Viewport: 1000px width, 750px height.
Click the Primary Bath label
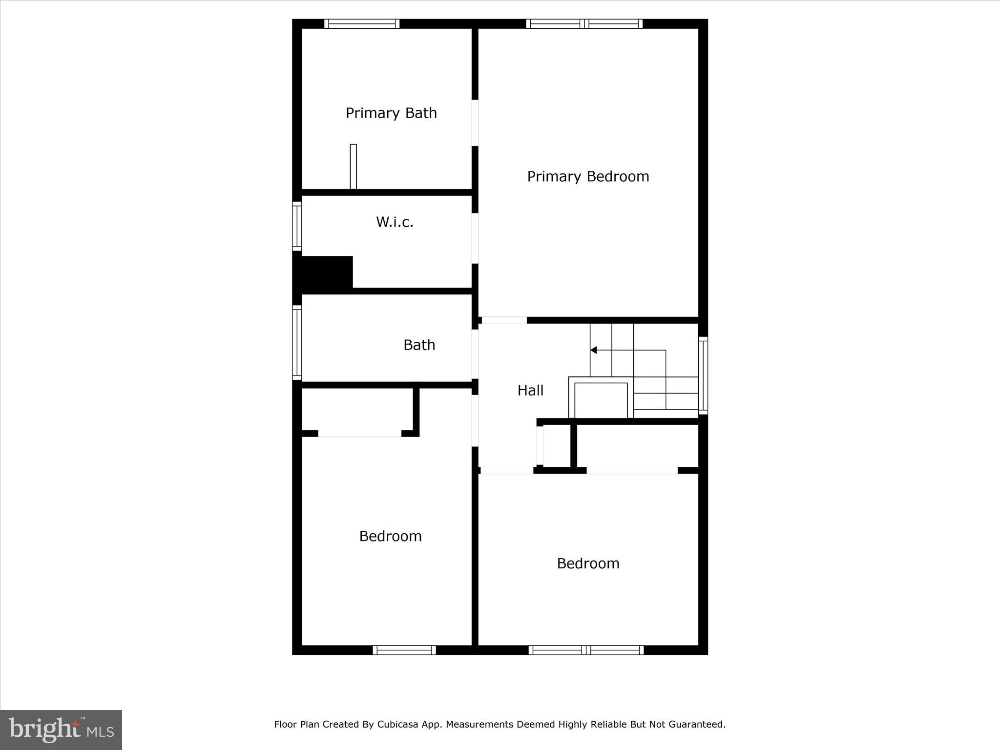391,113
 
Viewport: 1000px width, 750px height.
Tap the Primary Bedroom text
588,177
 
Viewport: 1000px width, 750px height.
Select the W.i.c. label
395,223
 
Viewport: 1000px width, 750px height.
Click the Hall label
530,391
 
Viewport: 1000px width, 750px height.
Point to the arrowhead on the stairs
593,350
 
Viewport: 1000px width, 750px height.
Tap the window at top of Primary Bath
362,24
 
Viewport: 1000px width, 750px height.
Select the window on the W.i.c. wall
297,226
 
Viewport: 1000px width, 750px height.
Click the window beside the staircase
703,375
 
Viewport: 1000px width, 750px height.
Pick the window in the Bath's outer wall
297,342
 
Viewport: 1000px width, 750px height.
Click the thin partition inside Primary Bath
353,167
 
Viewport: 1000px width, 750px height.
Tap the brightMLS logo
61,730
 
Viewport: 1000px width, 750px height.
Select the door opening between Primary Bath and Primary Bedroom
475,123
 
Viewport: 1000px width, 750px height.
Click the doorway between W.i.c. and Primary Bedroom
475,238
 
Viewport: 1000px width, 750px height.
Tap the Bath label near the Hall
419,345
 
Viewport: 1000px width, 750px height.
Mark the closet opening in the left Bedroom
360,434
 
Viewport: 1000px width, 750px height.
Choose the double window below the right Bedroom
586,650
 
